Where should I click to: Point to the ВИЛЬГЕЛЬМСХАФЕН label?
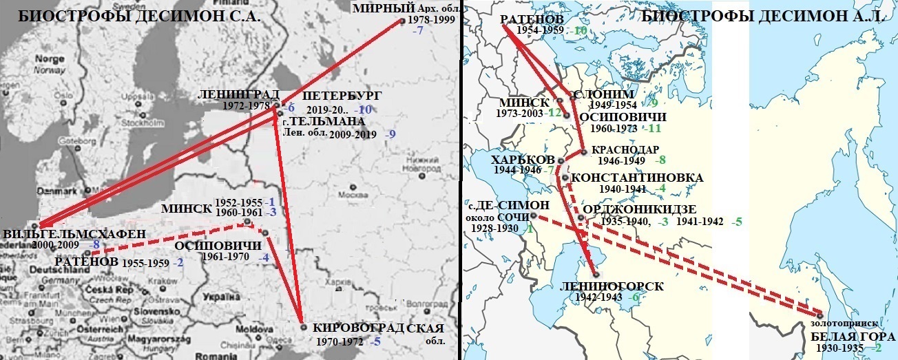pos(74,233)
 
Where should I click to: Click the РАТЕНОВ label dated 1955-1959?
pos(86,262)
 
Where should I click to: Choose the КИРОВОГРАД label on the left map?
pos(359,328)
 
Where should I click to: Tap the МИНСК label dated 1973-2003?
pos(523,102)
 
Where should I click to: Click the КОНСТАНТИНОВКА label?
pos(637,178)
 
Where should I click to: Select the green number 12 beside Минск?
pos(556,113)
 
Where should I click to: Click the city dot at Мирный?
pos(403,21)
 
